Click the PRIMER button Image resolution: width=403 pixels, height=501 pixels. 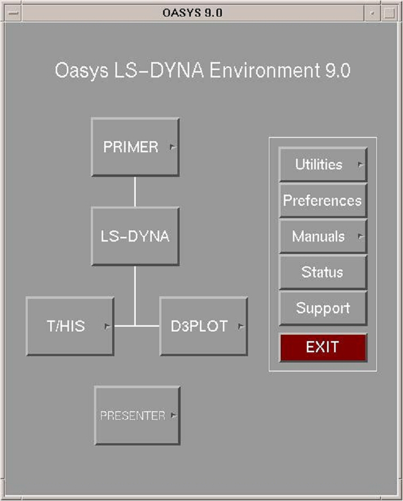point(135,147)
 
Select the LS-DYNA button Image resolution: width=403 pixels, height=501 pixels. point(135,236)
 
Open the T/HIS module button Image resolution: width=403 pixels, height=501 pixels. point(70,326)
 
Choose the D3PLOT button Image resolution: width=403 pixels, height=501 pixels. point(204,326)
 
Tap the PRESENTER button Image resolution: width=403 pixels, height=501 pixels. point(137,415)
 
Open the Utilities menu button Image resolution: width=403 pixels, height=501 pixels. point(323,165)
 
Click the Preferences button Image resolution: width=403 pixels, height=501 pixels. point(323,201)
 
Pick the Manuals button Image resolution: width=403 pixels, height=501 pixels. point(323,236)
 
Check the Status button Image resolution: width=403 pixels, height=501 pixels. point(323,272)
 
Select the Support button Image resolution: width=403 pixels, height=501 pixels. point(323,308)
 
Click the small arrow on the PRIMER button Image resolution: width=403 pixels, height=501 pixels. point(173,147)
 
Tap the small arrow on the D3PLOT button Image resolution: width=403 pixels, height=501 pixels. point(241,326)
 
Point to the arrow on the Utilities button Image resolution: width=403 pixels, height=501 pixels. point(361,165)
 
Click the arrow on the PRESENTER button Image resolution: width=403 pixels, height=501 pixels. point(173,415)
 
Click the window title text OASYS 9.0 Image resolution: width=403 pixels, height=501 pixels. point(192,13)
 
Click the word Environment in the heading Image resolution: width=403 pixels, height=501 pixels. point(265,70)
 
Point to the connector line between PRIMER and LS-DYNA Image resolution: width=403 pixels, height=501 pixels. point(135,192)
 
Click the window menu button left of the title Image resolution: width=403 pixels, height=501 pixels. point(13,13)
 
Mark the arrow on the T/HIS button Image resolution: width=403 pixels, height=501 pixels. point(107,326)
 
